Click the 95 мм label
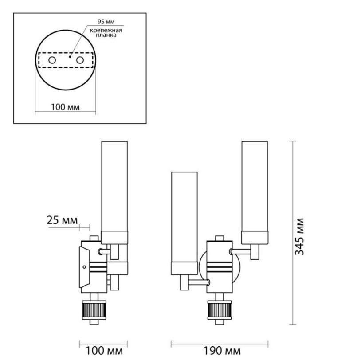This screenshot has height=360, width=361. [106, 22]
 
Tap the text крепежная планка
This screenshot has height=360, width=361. [106, 32]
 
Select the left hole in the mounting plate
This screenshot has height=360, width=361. [52, 60]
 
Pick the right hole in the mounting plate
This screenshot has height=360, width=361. [80, 60]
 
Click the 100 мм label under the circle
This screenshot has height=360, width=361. [65, 107]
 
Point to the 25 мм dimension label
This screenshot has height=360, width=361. [62, 220]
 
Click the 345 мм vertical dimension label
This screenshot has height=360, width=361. [299, 237]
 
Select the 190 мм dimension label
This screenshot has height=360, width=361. [222, 351]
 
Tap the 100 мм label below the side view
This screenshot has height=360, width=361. [104, 351]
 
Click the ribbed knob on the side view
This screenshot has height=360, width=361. [94, 310]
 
